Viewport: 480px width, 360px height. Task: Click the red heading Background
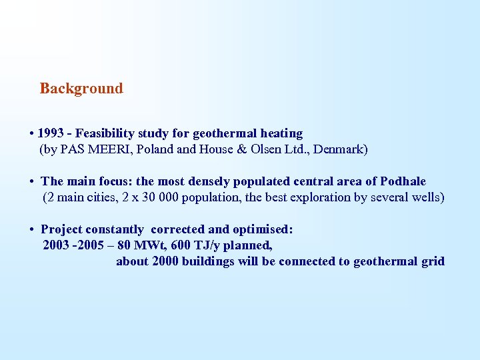coord(81,89)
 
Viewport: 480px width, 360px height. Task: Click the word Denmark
coord(337,149)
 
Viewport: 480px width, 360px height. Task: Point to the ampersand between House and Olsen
coord(242,149)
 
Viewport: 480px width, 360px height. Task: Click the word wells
coord(427,197)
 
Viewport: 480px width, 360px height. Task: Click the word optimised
coord(263,229)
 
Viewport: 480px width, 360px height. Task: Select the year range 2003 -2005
coord(73,245)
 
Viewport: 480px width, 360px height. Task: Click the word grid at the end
coord(432,261)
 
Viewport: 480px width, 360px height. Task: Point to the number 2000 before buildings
coord(167,261)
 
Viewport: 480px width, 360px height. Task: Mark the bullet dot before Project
coord(32,229)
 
